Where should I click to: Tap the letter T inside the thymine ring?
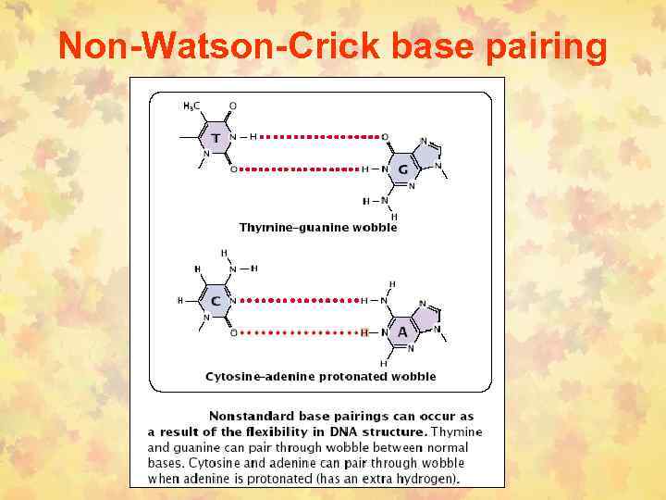pyautogui.click(x=216, y=138)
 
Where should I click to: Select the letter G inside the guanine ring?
pyautogui.click(x=401, y=169)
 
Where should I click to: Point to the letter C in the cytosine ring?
pyautogui.click(x=216, y=301)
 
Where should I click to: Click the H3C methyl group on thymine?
pyautogui.click(x=191, y=106)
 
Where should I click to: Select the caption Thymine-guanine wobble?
pyautogui.click(x=318, y=227)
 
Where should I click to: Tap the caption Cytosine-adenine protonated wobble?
pyautogui.click(x=320, y=377)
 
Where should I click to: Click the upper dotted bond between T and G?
pyautogui.click(x=321, y=137)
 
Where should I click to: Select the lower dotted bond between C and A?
pyautogui.click(x=298, y=332)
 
